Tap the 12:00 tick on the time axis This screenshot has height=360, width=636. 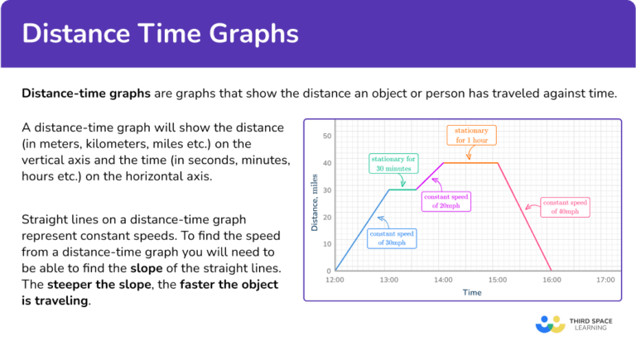[x=335, y=281]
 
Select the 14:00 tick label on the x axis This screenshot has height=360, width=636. [x=443, y=281]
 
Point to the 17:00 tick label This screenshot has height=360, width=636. [x=605, y=281]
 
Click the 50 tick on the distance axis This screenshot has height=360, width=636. [x=327, y=136]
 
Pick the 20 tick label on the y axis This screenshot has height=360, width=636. [x=327, y=217]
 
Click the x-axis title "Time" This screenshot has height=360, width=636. [x=472, y=292]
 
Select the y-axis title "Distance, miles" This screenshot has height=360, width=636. [x=315, y=204]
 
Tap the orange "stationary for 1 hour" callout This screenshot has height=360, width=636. [x=471, y=135]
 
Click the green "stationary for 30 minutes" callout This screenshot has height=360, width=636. [x=394, y=162]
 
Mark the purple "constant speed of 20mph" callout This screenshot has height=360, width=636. [x=446, y=202]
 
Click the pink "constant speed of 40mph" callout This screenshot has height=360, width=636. [x=566, y=207]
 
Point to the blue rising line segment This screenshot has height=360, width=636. [x=362, y=230]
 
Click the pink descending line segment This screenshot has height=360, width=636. [x=524, y=217]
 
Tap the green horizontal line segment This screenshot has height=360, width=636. [x=402, y=190]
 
